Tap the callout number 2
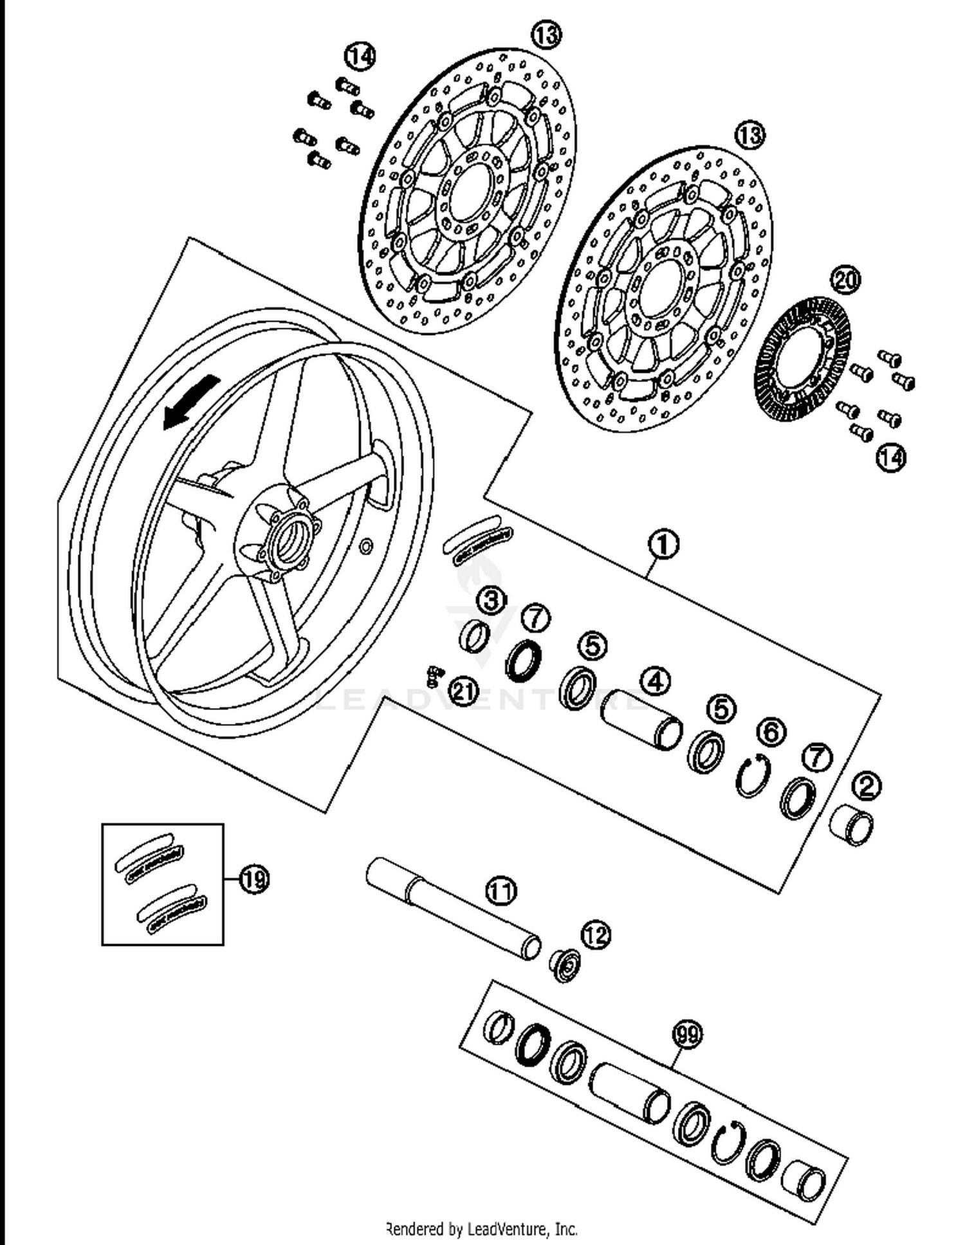pos(867,785)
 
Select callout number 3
pos(492,601)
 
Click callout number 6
pos(771,731)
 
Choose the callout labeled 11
pos(501,891)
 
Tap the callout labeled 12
pos(596,935)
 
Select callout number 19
pos(254,878)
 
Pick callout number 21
pos(464,692)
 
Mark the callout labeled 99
pos(688,1035)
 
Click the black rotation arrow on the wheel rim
pos(191,403)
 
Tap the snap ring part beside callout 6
pos(751,776)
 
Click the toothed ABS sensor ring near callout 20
pos(802,360)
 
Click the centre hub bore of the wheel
pos(295,535)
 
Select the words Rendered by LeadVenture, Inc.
pos(481,1229)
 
